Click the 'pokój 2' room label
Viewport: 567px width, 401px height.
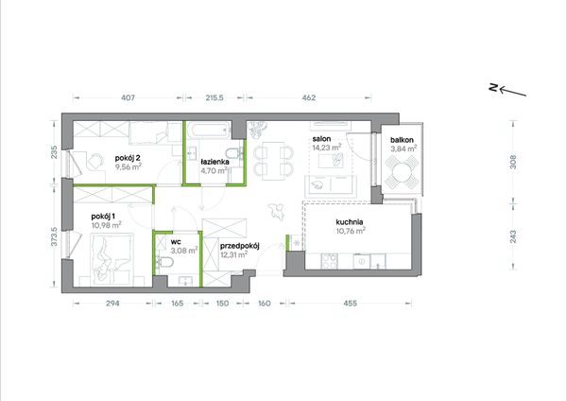tap(128, 158)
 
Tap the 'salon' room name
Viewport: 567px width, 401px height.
tap(321, 139)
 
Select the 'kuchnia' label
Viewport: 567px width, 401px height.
tap(350, 222)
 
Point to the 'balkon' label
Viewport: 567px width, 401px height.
tap(402, 140)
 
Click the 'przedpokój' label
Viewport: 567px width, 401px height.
tap(240, 246)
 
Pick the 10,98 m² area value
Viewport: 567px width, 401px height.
tap(106, 225)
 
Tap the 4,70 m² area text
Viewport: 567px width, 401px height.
tap(215, 170)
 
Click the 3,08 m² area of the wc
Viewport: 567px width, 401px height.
tap(183, 250)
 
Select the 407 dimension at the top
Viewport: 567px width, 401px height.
tap(128, 97)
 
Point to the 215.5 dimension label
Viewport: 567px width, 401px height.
tap(215, 97)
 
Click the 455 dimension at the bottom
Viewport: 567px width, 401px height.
tap(350, 304)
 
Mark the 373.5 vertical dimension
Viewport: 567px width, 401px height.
tap(54, 236)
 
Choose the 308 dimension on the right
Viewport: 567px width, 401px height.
tap(513, 162)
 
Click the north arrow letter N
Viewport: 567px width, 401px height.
tap(493, 87)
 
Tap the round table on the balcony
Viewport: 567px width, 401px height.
tap(402, 173)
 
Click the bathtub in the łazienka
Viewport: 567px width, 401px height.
tap(209, 131)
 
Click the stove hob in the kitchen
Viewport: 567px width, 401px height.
tap(329, 261)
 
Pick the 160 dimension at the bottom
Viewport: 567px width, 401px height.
tap(265, 304)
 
